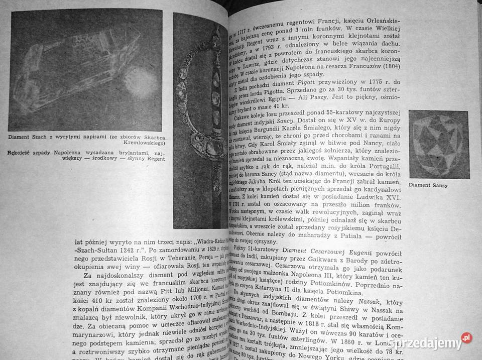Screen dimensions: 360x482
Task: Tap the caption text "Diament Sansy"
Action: (428, 185)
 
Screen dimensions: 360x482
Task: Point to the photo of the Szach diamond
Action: (86, 70)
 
